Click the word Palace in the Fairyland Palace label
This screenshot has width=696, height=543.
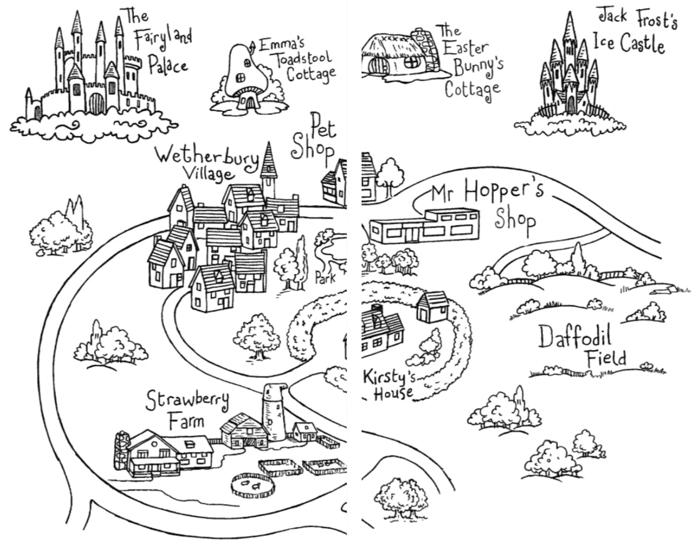168,66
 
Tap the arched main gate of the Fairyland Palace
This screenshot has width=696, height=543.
96,104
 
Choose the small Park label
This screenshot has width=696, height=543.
325,278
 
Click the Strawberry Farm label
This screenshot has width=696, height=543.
187,409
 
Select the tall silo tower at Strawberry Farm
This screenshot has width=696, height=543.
274,411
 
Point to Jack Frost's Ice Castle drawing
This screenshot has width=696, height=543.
569,76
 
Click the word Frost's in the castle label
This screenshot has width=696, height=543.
656,20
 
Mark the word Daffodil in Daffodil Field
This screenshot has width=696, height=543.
575,337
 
